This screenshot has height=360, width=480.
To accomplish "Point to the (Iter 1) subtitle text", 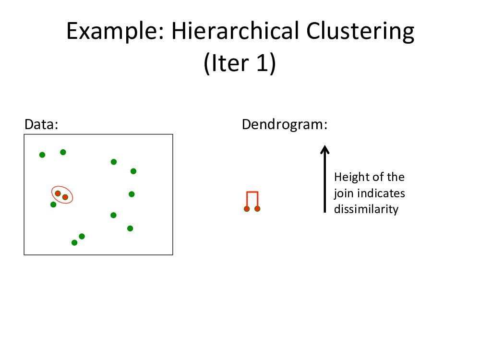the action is point(240,64).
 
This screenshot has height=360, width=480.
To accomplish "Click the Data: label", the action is point(41,125).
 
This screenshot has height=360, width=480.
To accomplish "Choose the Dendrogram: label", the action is point(285,125).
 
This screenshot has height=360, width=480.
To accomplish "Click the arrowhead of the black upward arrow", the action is point(325,149).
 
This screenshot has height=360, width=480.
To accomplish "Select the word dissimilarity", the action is point(366,209).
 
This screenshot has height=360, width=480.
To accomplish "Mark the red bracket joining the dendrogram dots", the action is point(252,193).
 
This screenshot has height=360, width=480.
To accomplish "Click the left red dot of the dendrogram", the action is point(247,209).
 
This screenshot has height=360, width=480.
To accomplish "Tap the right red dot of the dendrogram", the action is point(257,209).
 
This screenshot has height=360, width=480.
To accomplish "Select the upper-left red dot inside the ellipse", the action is point(58,193).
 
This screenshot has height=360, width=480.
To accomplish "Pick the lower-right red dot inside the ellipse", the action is point(65,197).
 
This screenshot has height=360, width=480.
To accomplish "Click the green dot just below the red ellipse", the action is point(53,204).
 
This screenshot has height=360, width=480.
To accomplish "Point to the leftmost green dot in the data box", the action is point(42,155).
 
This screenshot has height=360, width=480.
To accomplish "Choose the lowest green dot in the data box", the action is point(74,242).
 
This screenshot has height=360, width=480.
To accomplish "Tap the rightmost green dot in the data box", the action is point(133,171).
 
